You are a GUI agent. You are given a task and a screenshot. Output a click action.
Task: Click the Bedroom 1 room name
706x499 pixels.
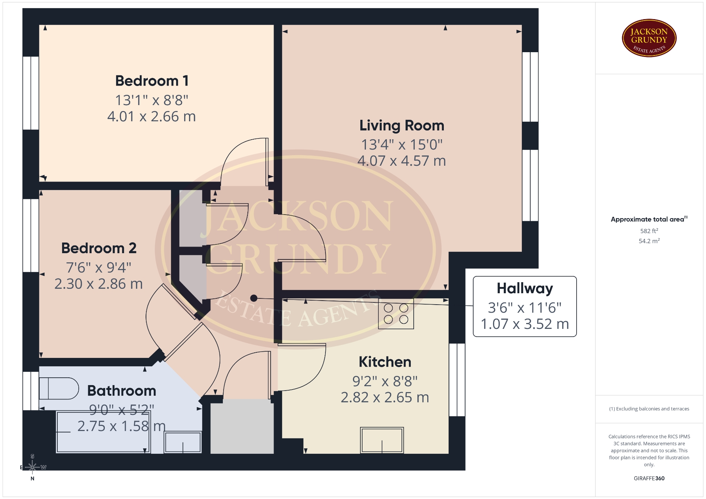(152, 81)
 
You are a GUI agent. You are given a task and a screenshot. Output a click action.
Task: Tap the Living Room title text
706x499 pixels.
(402, 126)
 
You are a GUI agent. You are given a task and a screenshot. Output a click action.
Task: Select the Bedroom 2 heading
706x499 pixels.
(99, 248)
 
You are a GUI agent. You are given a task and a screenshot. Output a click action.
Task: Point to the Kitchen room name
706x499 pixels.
(385, 362)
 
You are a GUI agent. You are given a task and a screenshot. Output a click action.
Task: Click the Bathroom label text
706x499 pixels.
(122, 391)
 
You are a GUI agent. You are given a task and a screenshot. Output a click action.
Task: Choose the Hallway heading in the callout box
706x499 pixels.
(525, 289)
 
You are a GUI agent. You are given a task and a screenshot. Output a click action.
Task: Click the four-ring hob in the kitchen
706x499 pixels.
(396, 313)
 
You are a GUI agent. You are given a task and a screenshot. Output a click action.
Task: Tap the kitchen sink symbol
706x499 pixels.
(382, 440)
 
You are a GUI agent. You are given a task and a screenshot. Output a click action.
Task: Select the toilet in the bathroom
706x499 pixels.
(59, 388)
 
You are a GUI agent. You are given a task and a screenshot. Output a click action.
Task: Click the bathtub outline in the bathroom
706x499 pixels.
(103, 432)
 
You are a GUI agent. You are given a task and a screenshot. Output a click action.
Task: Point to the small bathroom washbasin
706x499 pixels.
(183, 442)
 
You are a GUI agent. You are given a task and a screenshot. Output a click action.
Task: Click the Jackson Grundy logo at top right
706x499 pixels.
(649, 38)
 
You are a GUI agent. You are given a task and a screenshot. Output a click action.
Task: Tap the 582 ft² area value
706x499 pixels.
(649, 231)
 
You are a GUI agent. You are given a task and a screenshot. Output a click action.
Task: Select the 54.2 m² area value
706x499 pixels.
(649, 241)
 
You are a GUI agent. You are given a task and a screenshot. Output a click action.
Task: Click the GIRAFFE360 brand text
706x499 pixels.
(649, 478)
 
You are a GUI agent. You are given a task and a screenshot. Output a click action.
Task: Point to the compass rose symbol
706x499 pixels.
(32, 467)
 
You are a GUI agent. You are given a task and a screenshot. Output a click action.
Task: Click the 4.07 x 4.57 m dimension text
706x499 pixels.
(402, 161)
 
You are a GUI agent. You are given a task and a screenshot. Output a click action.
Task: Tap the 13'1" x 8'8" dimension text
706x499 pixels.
(152, 100)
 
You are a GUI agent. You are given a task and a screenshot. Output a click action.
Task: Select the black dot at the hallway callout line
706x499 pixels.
(254, 298)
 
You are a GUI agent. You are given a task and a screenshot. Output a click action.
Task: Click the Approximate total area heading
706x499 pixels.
(649, 219)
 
